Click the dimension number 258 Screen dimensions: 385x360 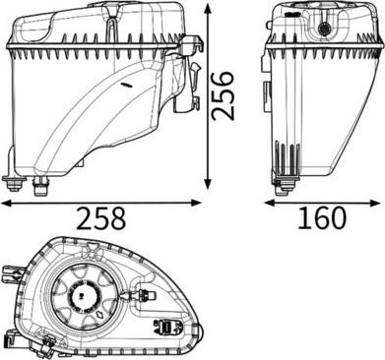coord(101,218)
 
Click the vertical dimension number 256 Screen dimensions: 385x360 coord(223,96)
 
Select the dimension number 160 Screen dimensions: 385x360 coord(322,217)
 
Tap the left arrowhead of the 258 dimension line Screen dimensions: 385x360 coord(6,204)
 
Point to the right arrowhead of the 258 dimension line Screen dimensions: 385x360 coord(196,203)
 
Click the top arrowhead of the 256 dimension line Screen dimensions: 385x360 coord(208,9)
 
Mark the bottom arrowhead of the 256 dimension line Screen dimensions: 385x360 coord(208,184)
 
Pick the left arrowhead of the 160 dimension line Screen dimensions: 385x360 coord(269,203)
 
